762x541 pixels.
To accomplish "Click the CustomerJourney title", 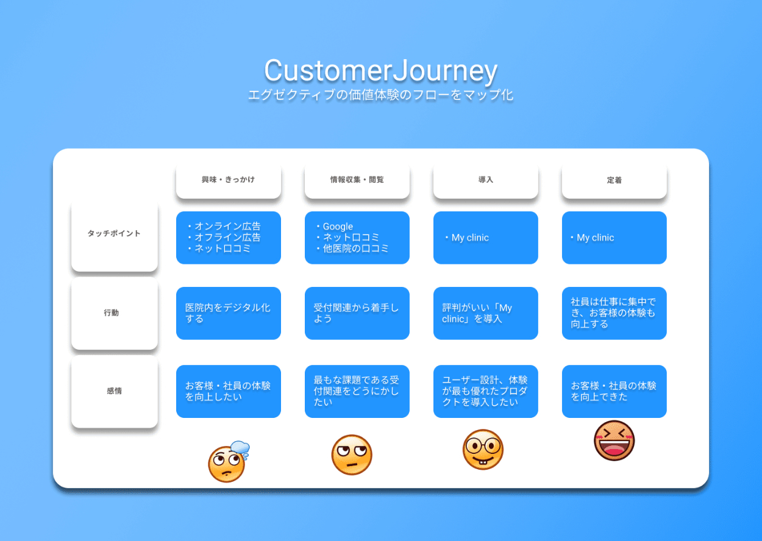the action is (381, 71).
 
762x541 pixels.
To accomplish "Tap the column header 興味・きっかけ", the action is (228, 180).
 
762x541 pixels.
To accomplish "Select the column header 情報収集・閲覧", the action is (357, 180).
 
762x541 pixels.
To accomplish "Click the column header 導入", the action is (485, 180).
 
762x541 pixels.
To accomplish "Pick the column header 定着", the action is (614, 180).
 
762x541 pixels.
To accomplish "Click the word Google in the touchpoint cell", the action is (338, 227).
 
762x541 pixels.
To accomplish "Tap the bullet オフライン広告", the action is (224, 238).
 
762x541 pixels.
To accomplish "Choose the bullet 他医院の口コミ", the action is (352, 249).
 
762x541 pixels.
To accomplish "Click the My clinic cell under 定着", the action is (614, 238).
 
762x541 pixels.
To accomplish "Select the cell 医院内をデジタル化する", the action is (228, 313).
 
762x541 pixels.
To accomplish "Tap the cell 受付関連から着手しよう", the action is (357, 313).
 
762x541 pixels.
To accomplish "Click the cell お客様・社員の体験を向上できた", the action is (614, 391).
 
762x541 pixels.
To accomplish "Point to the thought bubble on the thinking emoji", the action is (240, 448).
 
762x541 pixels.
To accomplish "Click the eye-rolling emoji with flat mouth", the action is (352, 454).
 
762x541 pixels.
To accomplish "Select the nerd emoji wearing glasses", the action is (483, 450).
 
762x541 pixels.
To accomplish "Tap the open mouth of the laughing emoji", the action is (614, 448).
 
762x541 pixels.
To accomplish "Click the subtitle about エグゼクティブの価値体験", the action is (381, 95).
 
